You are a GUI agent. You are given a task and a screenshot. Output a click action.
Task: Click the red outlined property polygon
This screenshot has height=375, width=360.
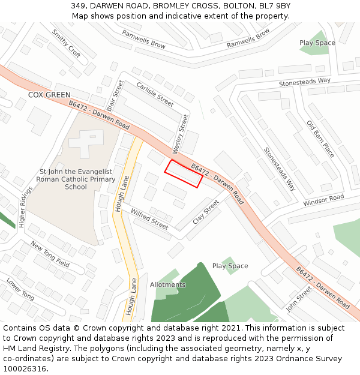pyautogui.click(x=184, y=173)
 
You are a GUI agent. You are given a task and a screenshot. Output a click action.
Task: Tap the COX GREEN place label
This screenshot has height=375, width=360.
pyautogui.click(x=49, y=95)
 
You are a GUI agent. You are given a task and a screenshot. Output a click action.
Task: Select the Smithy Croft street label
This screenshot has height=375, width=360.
pyautogui.click(x=66, y=43)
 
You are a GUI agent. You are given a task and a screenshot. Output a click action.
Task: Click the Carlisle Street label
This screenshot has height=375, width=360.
pyautogui.click(x=155, y=94)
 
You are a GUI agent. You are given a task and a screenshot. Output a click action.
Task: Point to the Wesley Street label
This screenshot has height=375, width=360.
pyautogui.click(x=181, y=133)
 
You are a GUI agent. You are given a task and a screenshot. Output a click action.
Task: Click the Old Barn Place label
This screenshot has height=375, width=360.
pyautogui.click(x=320, y=139)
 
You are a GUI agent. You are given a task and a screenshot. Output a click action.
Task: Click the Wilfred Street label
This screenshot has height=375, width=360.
pyautogui.click(x=149, y=220)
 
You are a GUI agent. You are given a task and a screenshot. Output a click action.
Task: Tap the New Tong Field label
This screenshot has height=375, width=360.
pyautogui.click(x=50, y=254)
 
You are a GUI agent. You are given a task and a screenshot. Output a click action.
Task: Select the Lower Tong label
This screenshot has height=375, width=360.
pyautogui.click(x=20, y=289)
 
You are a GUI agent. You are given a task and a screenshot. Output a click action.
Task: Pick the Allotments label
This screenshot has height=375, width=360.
pyautogui.click(x=168, y=284)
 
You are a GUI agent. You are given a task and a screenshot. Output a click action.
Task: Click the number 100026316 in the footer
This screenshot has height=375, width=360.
pyautogui.click(x=25, y=368)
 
